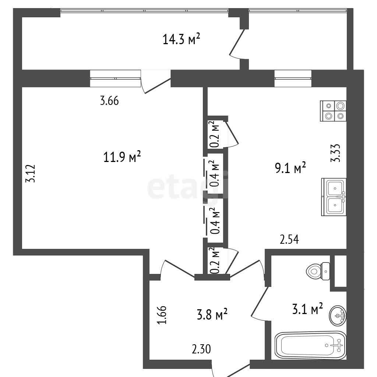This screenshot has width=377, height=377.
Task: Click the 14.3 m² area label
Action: coord(181,39)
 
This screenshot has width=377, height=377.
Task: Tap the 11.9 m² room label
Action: coord(122,157)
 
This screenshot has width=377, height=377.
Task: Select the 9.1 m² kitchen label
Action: coord(290,168)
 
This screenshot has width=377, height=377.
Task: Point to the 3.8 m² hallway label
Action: coord(212,314)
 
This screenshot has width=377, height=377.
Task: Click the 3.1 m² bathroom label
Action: coord(307,309)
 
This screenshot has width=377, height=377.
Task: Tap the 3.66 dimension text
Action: coord(109,101)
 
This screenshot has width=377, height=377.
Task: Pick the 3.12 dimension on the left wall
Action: coord(31,173)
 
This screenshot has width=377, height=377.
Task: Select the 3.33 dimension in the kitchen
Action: coord(335,153)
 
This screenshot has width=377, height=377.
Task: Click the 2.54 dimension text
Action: coord(289,240)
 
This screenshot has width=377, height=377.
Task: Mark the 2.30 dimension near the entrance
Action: coord(201,349)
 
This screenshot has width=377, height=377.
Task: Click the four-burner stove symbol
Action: coord(333,111)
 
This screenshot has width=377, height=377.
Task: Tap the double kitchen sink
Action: coord(334,197)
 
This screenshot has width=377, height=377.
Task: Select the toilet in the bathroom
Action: coord(318,271)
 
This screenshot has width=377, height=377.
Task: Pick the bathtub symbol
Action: coord(310,345)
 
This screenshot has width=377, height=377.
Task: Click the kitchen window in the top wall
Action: coord(293,78)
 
